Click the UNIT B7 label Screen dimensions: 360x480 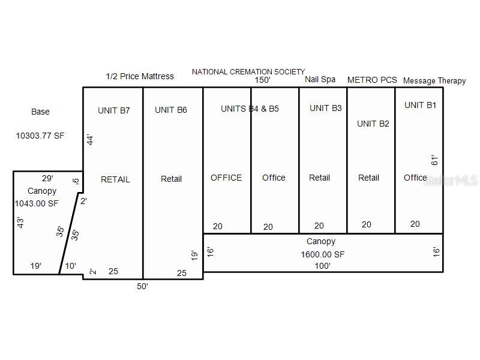pyautogui.click(x=114, y=110)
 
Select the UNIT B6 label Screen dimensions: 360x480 pyautogui.click(x=171, y=110)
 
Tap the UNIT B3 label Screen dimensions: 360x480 pyautogui.click(x=326, y=108)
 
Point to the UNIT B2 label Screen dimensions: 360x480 pyautogui.click(x=373, y=124)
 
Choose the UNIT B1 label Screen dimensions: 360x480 pyautogui.click(x=421, y=105)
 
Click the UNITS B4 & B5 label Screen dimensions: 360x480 pyautogui.click(x=250, y=109)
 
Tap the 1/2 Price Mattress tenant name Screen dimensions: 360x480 pyautogui.click(x=140, y=76)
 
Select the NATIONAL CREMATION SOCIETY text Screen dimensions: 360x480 pyautogui.click(x=248, y=72)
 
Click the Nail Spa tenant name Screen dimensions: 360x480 pyautogui.click(x=320, y=79)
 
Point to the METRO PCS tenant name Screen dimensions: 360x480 pyautogui.click(x=372, y=80)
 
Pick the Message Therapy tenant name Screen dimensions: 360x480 pyautogui.click(x=434, y=80)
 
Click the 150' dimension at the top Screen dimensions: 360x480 pyautogui.click(x=262, y=80)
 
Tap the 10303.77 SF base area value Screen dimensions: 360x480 pyautogui.click(x=40, y=136)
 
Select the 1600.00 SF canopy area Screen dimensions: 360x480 pyautogui.click(x=323, y=254)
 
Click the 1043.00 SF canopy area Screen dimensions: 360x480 pyautogui.click(x=37, y=203)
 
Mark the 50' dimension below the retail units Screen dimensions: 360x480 pyautogui.click(x=142, y=286)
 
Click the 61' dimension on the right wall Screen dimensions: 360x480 pyautogui.click(x=435, y=160)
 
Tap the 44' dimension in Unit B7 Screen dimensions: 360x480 pyautogui.click(x=91, y=140)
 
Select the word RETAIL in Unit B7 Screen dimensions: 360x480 pyautogui.click(x=115, y=179)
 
